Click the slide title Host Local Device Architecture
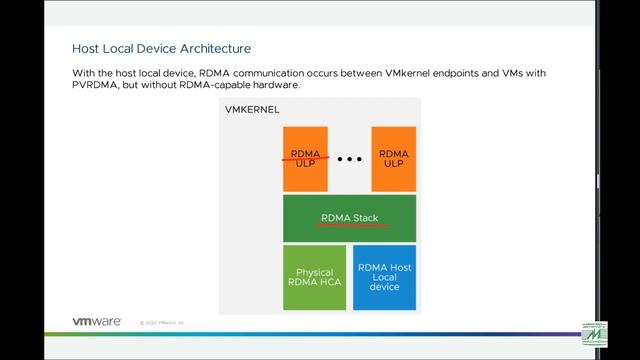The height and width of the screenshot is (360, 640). (161, 48)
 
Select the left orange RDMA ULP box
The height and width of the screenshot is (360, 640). (304, 158)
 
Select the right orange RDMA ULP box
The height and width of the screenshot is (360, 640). (393, 158)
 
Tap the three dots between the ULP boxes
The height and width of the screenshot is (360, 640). (349, 159)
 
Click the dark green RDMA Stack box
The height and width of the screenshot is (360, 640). (349, 217)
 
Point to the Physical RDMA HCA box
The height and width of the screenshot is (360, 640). (314, 277)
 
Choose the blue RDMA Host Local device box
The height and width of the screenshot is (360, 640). (384, 276)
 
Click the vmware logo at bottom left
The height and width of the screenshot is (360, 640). (97, 322)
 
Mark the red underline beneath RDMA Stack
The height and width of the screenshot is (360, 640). (351, 225)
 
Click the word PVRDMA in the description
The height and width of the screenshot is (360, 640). (92, 85)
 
